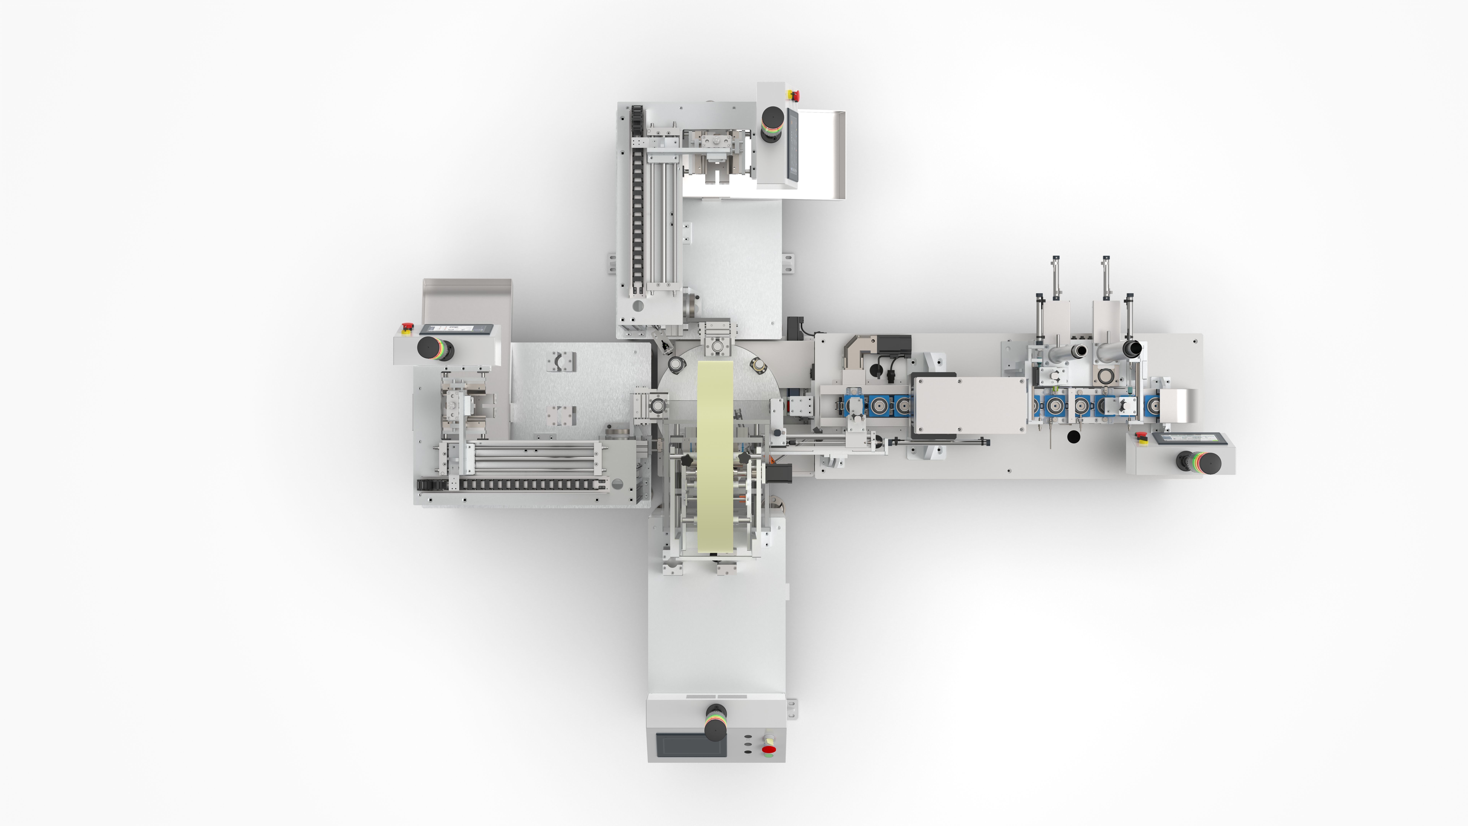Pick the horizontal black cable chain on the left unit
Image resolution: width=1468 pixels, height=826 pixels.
tap(513, 485)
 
